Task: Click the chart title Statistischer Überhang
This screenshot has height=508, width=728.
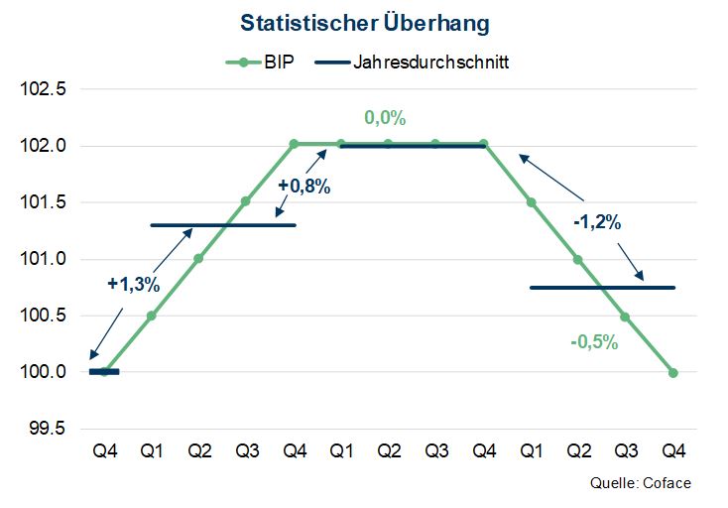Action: [364, 22]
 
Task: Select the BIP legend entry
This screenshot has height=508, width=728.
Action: [259, 63]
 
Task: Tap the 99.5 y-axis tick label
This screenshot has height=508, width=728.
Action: [47, 429]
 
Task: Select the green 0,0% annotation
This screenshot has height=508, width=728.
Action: [386, 118]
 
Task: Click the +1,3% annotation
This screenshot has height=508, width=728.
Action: [133, 284]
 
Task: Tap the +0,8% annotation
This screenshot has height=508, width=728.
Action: [303, 185]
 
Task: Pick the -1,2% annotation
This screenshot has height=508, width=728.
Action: [597, 222]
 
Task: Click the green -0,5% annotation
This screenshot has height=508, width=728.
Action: [594, 343]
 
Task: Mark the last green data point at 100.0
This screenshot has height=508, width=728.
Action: [673, 373]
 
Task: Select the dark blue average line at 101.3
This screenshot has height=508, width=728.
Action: [222, 225]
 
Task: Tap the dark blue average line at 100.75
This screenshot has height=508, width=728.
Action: [602, 288]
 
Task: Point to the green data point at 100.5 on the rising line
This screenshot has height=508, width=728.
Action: [152, 317]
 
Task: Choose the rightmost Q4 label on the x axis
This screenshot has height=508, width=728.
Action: [673, 451]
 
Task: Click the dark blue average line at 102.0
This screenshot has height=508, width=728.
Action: [413, 146]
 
